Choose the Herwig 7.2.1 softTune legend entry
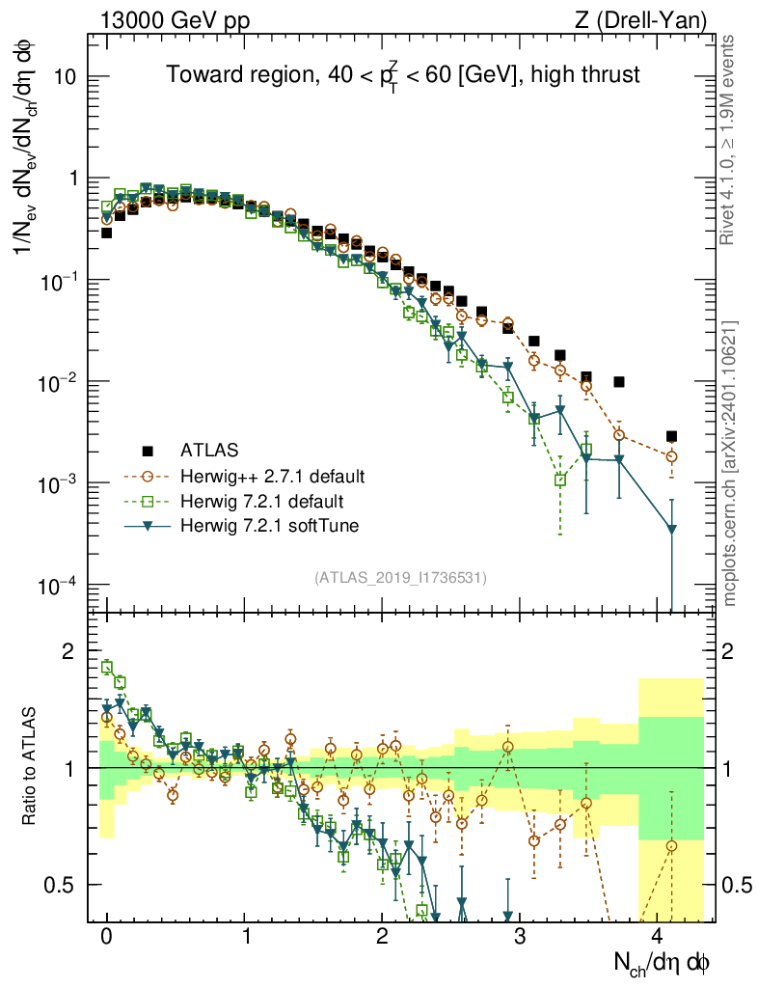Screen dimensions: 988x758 click(x=265, y=526)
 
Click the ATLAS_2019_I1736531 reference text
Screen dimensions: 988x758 click(x=401, y=578)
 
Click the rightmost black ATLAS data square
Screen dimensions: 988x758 click(x=671, y=436)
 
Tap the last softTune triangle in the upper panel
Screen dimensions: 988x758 click(x=671, y=529)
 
